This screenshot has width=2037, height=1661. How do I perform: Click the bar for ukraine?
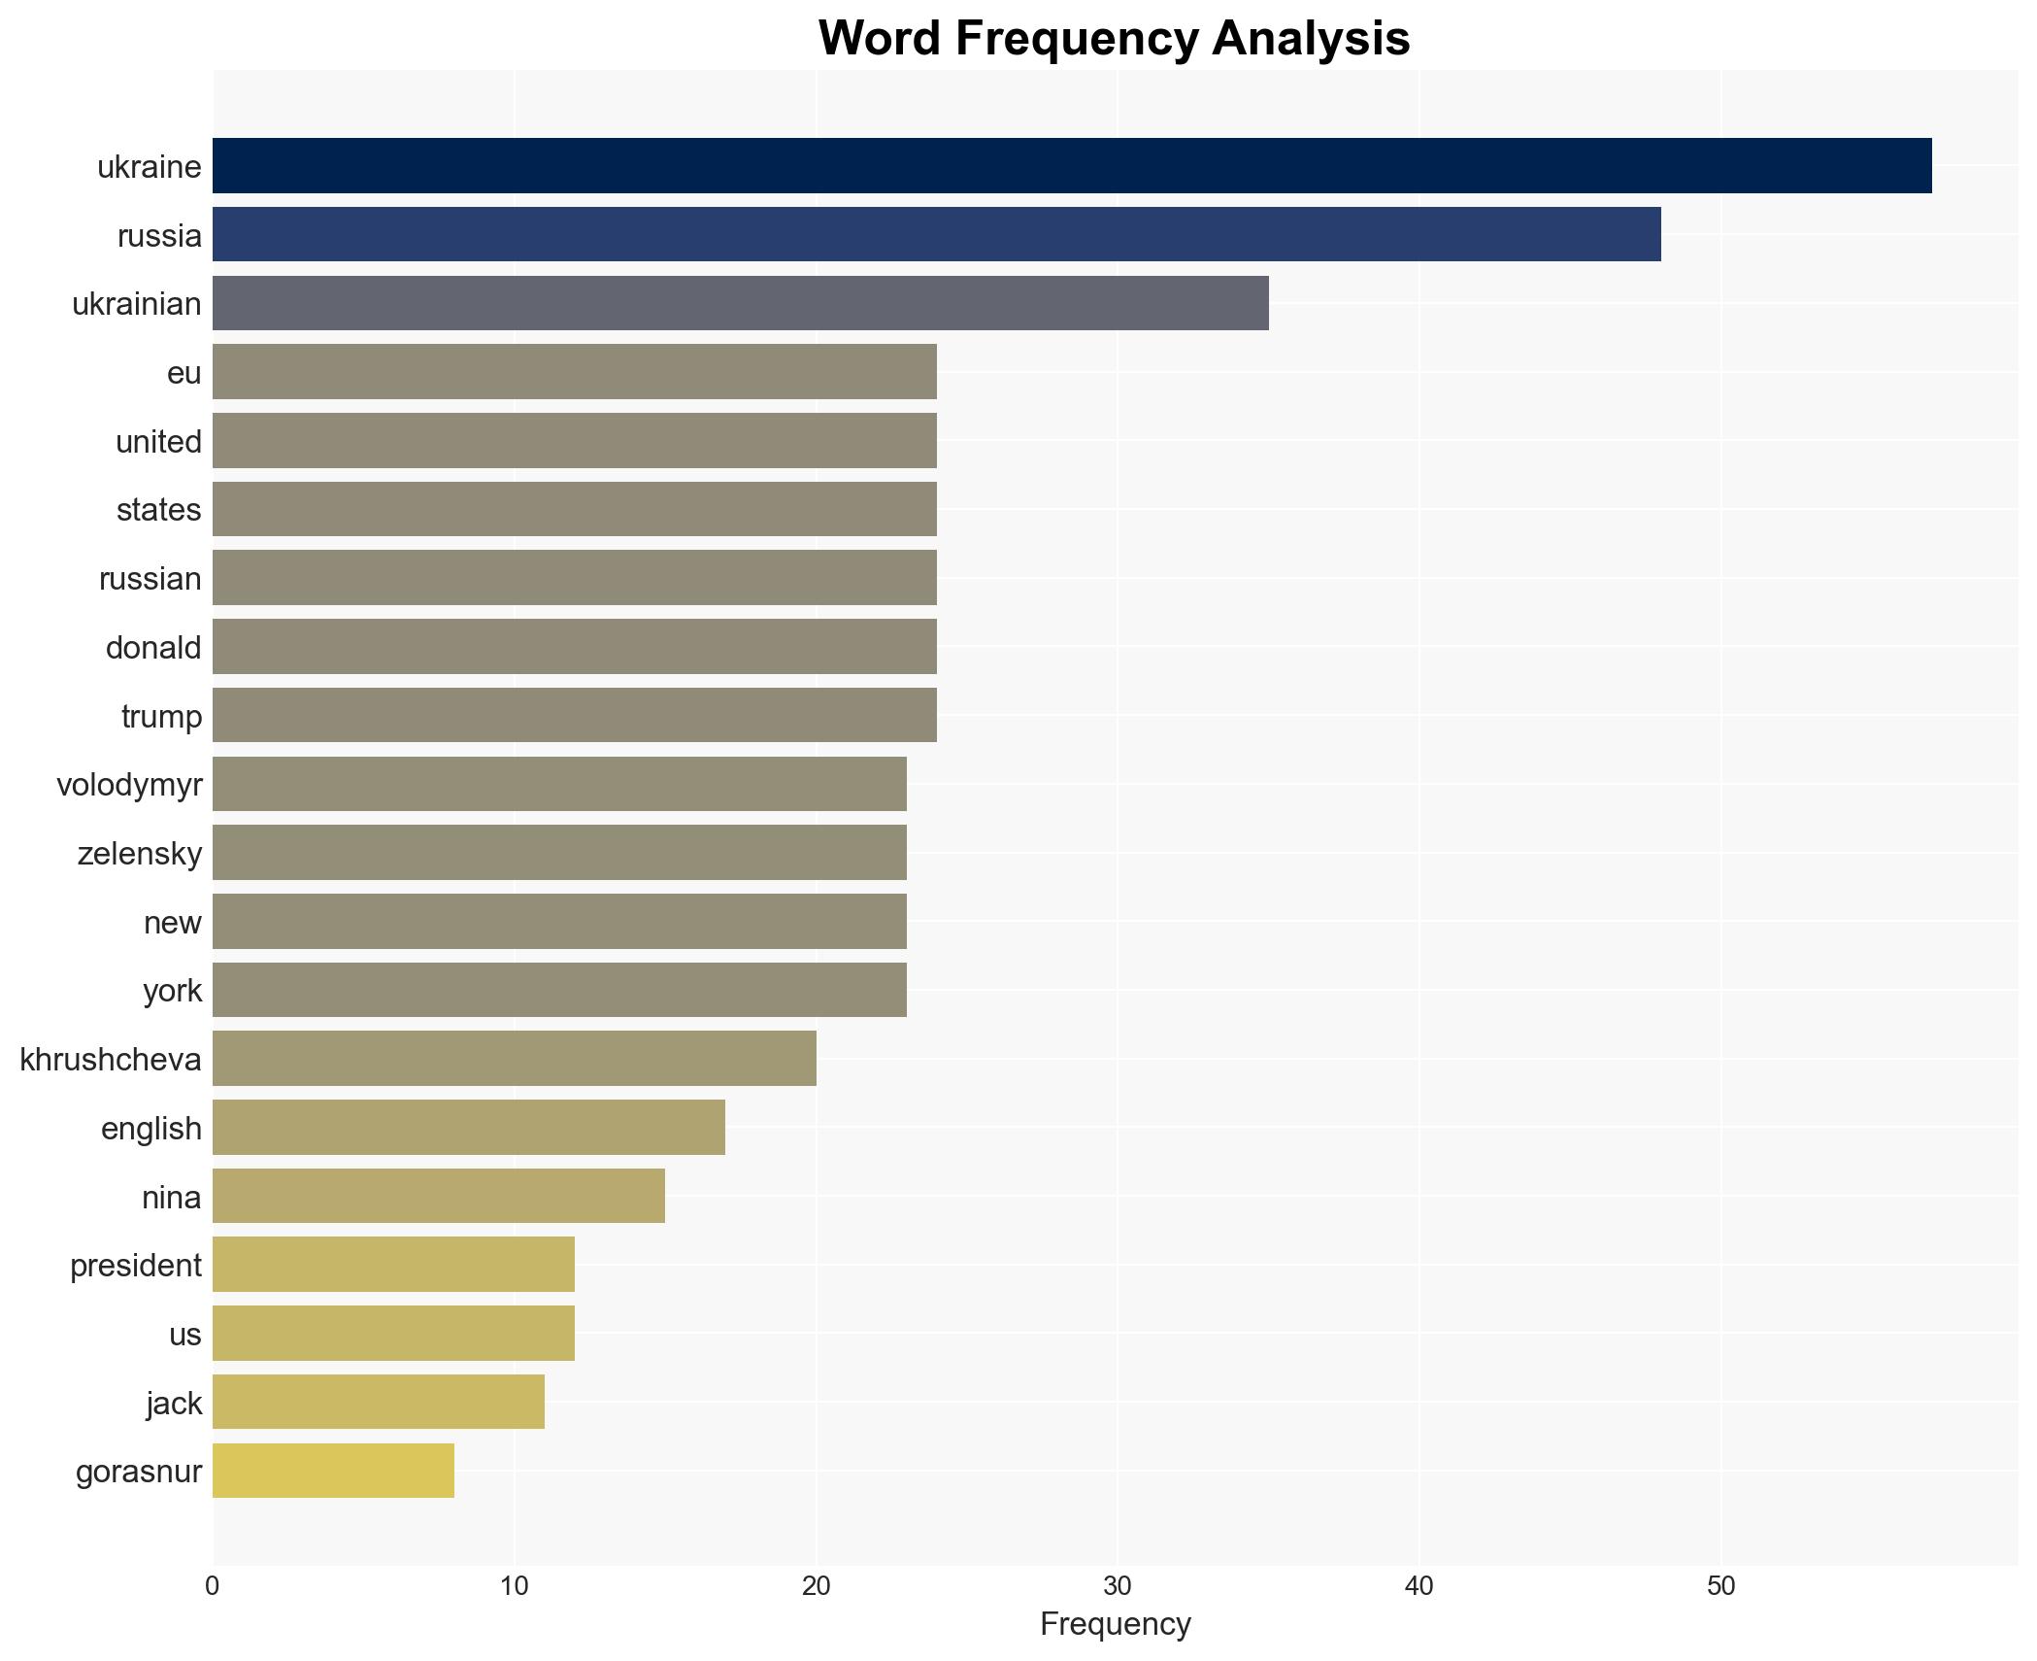pyautogui.click(x=1072, y=166)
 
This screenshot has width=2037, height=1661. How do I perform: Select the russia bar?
pyautogui.click(x=936, y=234)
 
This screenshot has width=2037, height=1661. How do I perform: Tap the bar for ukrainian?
pyautogui.click(x=740, y=303)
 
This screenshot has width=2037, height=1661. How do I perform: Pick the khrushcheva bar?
pyautogui.click(x=514, y=1059)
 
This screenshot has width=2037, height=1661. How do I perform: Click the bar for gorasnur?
pyautogui.click(x=333, y=1471)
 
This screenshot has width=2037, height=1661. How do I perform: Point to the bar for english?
pyautogui.click(x=468, y=1128)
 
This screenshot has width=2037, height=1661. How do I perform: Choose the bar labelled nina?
pyautogui.click(x=438, y=1196)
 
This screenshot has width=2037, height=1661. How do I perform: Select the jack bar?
pyautogui.click(x=378, y=1402)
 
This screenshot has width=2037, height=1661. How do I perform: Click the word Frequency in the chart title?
pyautogui.click(x=1081, y=39)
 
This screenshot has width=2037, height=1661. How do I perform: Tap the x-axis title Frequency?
pyautogui.click(x=1115, y=1624)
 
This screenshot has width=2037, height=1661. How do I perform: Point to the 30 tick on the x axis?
pyautogui.click(x=1117, y=1586)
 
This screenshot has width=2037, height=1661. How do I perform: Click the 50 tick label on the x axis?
pyautogui.click(x=1720, y=1586)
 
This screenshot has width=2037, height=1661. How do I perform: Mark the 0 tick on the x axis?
pyautogui.click(x=213, y=1586)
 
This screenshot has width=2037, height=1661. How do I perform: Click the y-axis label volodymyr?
pyautogui.click(x=129, y=784)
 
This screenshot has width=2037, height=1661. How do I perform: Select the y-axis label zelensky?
pyautogui.click(x=139, y=853)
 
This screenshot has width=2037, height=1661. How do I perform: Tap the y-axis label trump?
pyautogui.click(x=161, y=716)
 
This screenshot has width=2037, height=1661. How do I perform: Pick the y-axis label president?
pyautogui.click(x=135, y=1265)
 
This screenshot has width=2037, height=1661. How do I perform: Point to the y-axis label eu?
pyautogui.click(x=184, y=372)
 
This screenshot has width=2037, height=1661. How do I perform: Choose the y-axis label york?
pyautogui.click(x=172, y=990)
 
